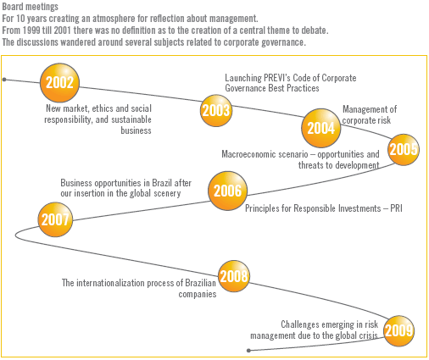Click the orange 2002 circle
click(59, 82)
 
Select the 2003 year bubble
click(216, 110)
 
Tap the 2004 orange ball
click(321, 128)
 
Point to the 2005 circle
click(404, 150)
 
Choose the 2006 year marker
click(227, 191)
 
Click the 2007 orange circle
click(55, 219)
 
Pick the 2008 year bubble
click(234, 276)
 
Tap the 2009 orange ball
click(398, 330)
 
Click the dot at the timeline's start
click(4, 80)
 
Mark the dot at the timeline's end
click(248, 351)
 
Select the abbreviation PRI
click(396, 208)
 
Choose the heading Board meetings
click(31, 6)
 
